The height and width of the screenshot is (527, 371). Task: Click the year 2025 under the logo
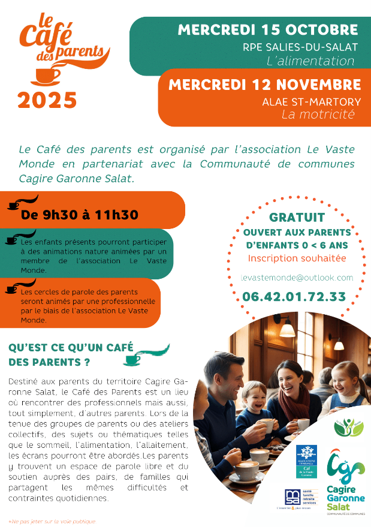[x=47, y=100]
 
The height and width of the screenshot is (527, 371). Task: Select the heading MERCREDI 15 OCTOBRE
[x=268, y=30]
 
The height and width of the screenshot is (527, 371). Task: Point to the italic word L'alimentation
[x=310, y=61]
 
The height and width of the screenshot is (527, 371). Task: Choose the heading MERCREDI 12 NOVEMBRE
[x=264, y=85]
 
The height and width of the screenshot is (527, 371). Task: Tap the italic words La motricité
[x=318, y=114]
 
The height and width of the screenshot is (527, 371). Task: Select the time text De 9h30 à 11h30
[x=80, y=215]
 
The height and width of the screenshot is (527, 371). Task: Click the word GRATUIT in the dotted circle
[x=297, y=217]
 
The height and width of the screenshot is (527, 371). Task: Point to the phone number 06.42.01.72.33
[x=294, y=296]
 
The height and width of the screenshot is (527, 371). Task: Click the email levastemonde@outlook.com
[x=297, y=278]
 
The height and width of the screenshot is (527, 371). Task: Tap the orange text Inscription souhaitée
[x=297, y=258]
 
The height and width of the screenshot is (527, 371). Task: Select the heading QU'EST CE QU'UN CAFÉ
[x=71, y=348]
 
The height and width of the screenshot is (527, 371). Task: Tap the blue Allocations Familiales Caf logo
[x=306, y=462]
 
